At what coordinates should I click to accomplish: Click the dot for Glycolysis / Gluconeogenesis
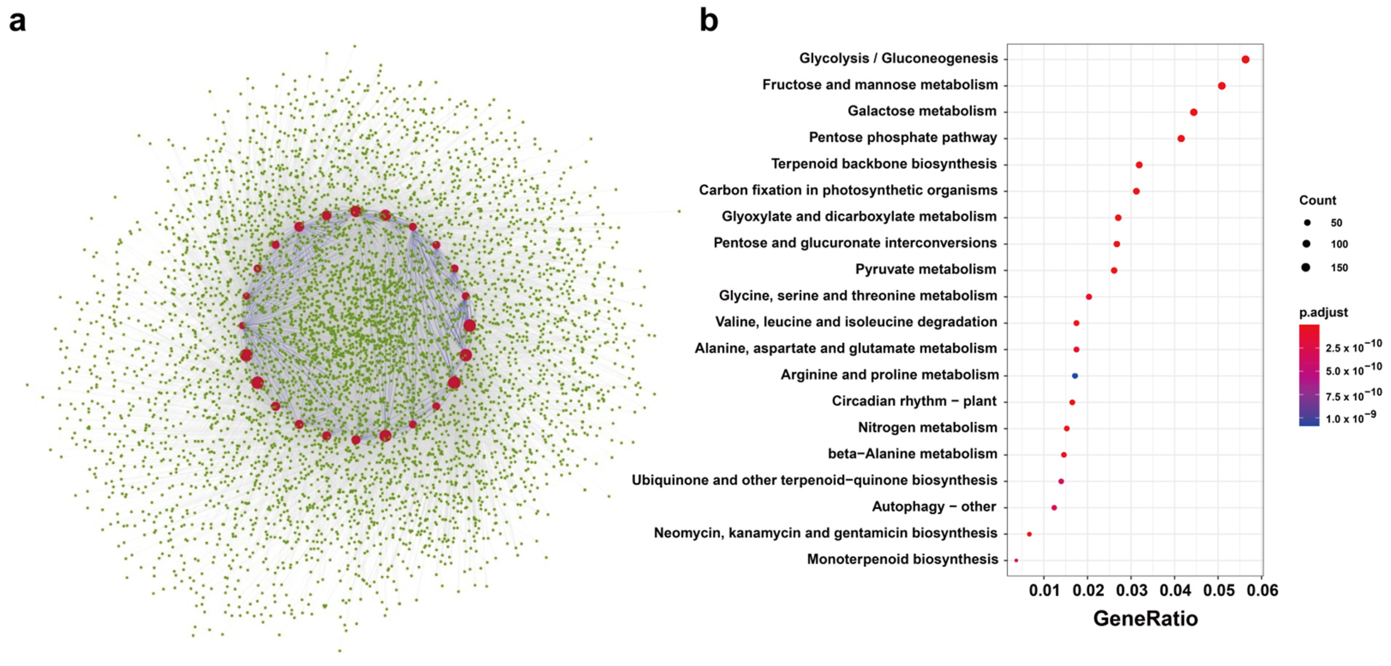click(1245, 59)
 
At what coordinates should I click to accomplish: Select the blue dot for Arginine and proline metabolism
click(1075, 375)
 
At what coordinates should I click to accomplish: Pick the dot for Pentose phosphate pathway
click(1181, 138)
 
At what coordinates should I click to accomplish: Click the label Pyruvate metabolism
click(925, 269)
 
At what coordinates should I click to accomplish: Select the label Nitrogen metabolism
click(927, 427)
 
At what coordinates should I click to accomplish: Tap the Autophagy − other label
click(934, 506)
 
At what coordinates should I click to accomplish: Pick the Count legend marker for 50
click(1307, 223)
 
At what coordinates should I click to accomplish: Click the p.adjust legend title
click(1323, 312)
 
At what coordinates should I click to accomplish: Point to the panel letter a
click(17, 22)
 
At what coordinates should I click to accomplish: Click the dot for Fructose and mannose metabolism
click(1221, 86)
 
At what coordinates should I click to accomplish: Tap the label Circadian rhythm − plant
click(914, 401)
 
